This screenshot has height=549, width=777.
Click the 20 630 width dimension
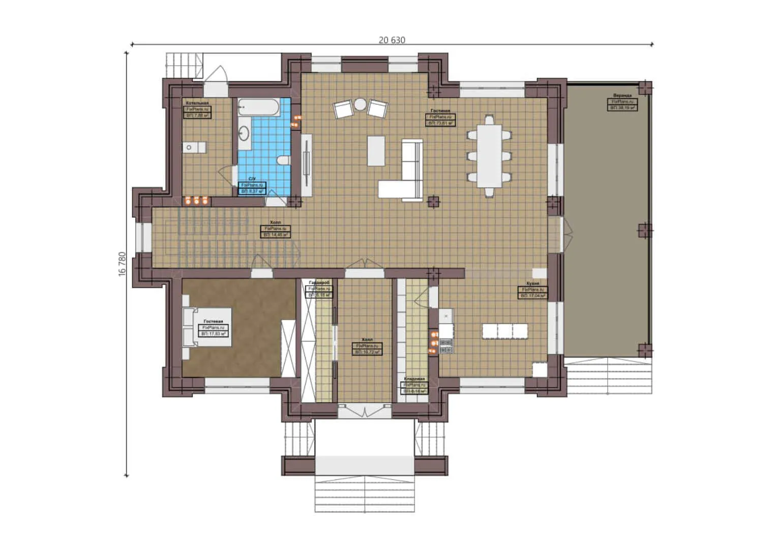click(392, 40)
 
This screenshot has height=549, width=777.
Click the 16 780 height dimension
click(122, 263)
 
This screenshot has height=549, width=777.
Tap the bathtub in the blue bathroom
click(258, 107)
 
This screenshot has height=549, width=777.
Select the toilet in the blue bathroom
click(283, 160)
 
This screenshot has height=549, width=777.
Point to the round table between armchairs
click(360, 104)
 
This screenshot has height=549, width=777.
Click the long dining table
click(489, 156)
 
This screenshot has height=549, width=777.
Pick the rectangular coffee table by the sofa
click(376, 150)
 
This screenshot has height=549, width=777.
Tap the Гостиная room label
click(440, 111)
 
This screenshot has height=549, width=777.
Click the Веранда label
click(622, 96)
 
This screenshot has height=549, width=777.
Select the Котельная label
click(197, 103)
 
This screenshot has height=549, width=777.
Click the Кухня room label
click(533, 283)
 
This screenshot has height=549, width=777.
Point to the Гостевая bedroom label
click(213, 322)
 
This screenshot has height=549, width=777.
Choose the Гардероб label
click(319, 282)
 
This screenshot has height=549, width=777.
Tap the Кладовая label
click(414, 379)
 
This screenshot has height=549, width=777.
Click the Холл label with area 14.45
click(275, 223)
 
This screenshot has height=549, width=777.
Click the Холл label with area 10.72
click(367, 340)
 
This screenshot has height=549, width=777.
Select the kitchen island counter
click(504, 331)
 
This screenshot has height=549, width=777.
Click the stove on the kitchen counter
click(446, 346)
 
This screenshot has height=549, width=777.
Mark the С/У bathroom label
click(252, 179)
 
